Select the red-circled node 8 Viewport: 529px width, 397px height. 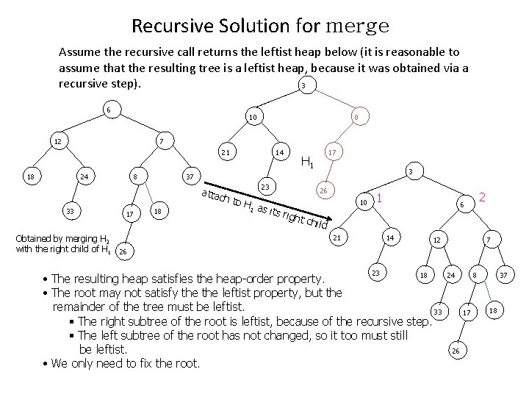356,117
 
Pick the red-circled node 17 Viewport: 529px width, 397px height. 332,153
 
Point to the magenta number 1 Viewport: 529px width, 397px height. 379,197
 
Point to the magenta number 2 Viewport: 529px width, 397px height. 482,197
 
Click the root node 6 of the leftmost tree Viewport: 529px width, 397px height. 108,110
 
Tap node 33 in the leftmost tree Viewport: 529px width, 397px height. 71,212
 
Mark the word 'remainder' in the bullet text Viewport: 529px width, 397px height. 84,306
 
